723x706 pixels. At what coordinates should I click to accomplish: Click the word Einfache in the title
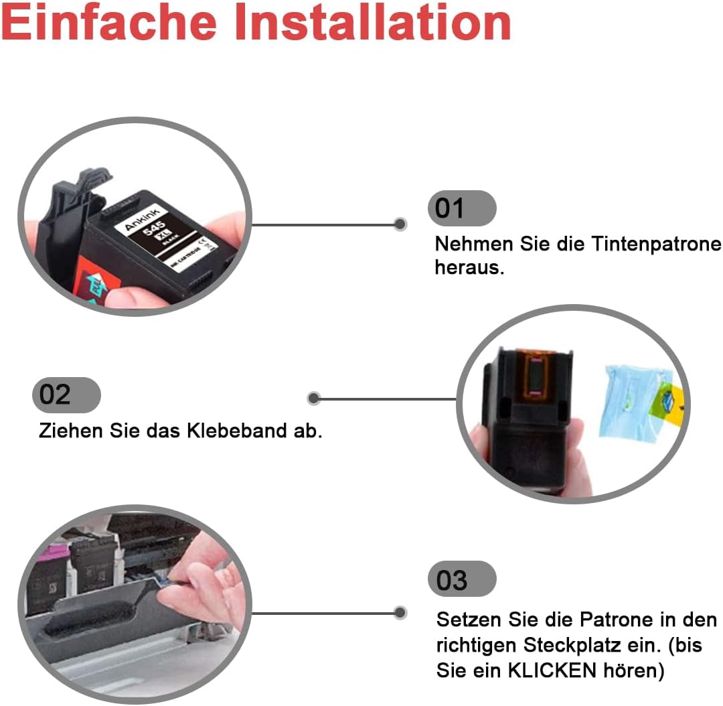click(x=109, y=21)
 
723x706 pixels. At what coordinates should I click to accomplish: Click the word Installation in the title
click(x=373, y=21)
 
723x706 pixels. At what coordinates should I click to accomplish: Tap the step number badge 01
click(x=462, y=208)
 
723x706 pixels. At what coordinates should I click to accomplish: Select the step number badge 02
click(x=66, y=395)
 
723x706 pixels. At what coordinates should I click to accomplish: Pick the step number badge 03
click(x=462, y=579)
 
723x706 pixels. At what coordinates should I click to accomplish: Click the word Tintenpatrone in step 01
click(x=656, y=244)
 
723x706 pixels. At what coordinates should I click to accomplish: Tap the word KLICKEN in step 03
click(x=552, y=670)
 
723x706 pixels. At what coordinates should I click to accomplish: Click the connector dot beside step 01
click(x=400, y=224)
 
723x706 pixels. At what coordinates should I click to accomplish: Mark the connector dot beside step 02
click(x=314, y=399)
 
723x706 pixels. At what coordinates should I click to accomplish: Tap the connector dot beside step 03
click(x=400, y=613)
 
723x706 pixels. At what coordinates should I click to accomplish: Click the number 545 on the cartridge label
click(x=154, y=228)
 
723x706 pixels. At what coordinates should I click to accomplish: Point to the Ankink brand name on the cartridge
click(x=142, y=218)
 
